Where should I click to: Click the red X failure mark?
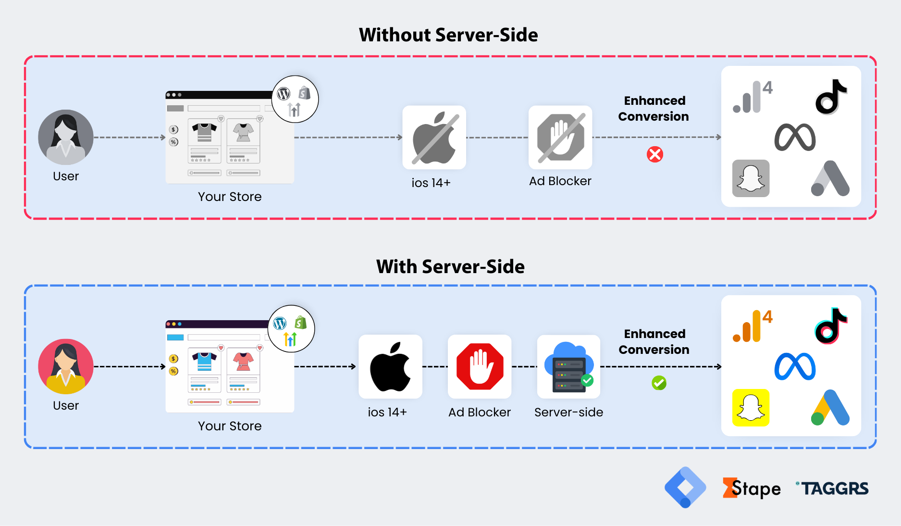(x=654, y=154)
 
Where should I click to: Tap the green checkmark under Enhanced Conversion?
(x=659, y=383)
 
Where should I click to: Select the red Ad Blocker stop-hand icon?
(x=480, y=366)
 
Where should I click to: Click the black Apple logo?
(x=390, y=366)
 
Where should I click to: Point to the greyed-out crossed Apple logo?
(x=434, y=138)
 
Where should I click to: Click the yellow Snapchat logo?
(x=751, y=408)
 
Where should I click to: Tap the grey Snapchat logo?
(x=751, y=178)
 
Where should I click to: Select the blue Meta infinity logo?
(x=795, y=366)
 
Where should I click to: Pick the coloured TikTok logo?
(x=831, y=326)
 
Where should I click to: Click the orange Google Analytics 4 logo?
(x=752, y=326)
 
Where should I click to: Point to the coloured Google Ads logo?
(x=830, y=408)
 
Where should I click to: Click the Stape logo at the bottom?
(x=752, y=488)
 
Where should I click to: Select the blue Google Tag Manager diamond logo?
(x=685, y=488)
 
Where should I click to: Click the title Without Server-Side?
(x=448, y=35)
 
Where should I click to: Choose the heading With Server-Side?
(x=450, y=267)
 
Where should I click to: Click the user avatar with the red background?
(x=66, y=366)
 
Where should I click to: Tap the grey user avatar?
(x=66, y=138)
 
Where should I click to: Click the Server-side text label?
(x=568, y=412)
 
